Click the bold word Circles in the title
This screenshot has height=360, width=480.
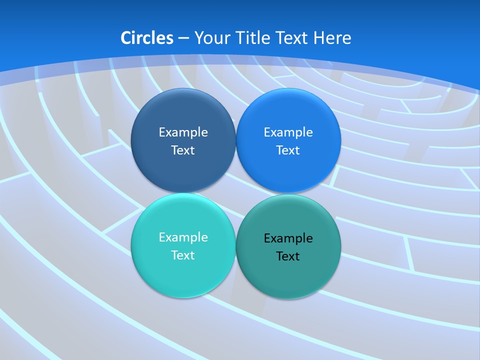[147, 38]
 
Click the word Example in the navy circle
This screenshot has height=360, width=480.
[183, 132]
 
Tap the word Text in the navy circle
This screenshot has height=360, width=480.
[183, 150]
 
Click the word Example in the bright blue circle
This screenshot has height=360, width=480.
[288, 132]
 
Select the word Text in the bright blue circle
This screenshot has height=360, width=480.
[288, 150]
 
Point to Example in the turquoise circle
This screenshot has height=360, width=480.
[183, 237]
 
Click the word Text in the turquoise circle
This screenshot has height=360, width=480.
[183, 255]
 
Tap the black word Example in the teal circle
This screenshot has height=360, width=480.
[288, 238]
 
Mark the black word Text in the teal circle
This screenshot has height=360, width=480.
[288, 256]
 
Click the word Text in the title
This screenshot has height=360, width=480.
[292, 38]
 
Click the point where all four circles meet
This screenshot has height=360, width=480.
[235, 193]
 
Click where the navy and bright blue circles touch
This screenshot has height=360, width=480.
[235, 140]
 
